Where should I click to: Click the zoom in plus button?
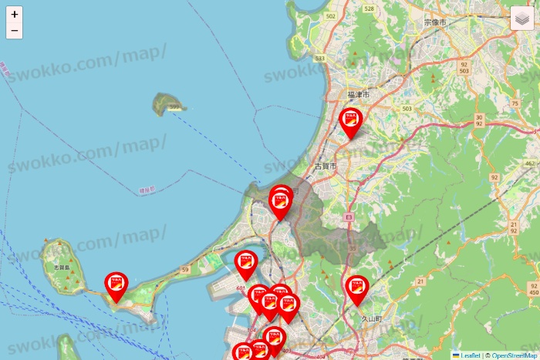click(15, 14)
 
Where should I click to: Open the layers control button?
click(522, 19)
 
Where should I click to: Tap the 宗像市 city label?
click(435, 23)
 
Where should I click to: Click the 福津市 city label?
click(359, 95)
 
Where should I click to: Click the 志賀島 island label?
click(62, 267)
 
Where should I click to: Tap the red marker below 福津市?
click(352, 122)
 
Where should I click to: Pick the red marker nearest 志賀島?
click(116, 285)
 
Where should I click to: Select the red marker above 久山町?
click(356, 290)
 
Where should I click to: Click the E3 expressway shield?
click(349, 218)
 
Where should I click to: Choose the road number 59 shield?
click(185, 269)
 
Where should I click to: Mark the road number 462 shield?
click(529, 164)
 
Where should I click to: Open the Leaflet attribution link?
click(470, 355)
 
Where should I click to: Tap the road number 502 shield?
click(331, 15)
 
